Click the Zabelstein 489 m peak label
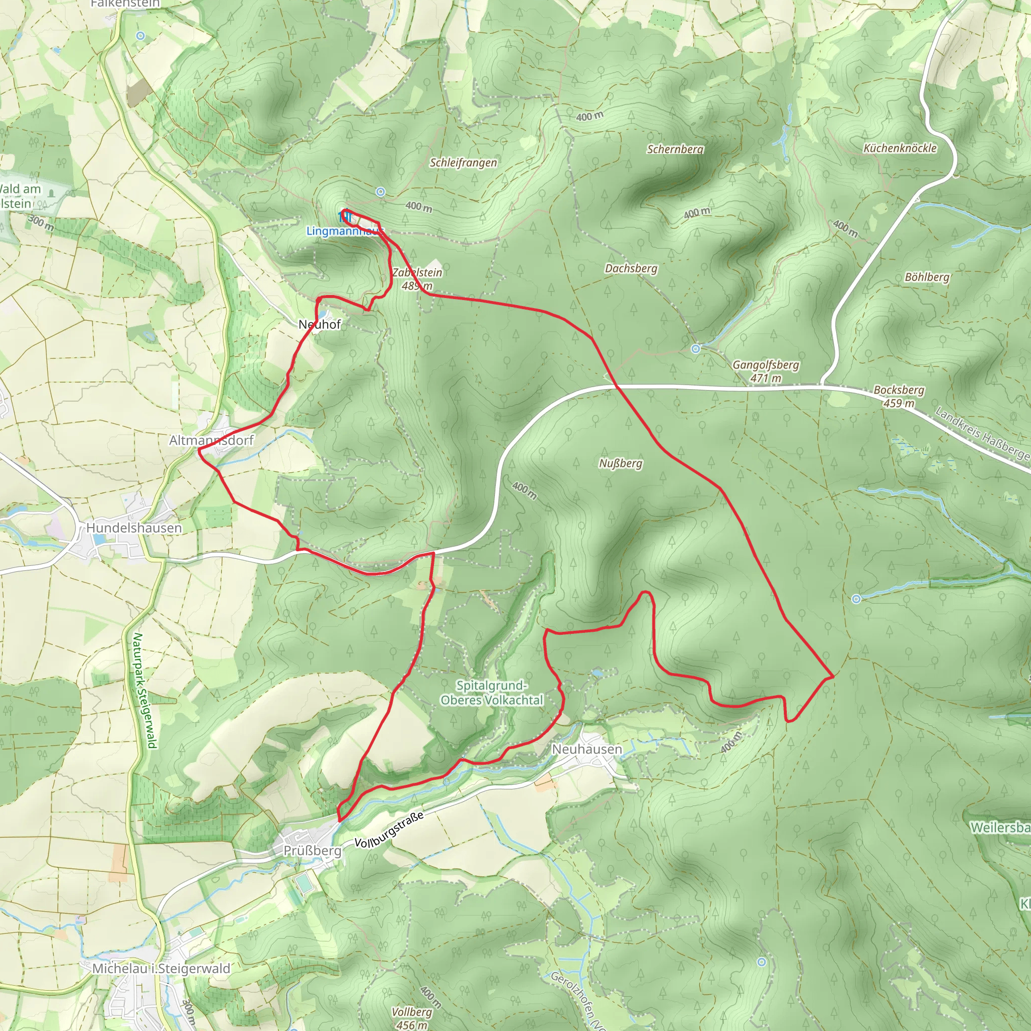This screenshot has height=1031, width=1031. [x=417, y=279]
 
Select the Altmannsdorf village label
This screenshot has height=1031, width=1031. [x=211, y=440]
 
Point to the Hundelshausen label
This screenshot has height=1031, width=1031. [x=134, y=528]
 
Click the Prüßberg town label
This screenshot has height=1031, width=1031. [x=312, y=851]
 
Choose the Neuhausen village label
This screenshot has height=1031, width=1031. [x=586, y=749]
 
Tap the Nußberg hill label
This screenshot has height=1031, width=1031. [x=620, y=463]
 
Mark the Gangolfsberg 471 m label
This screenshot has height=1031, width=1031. [x=765, y=372]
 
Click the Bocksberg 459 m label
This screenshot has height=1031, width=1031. [x=899, y=397]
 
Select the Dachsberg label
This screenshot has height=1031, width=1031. [x=631, y=268]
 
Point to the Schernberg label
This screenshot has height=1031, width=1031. [x=675, y=150]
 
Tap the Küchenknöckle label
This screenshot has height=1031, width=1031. [x=900, y=149]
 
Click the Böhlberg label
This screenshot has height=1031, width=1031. [x=927, y=277]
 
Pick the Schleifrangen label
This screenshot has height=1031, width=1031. [x=463, y=163]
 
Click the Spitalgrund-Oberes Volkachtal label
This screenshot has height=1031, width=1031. [x=491, y=693]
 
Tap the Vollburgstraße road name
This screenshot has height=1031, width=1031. [x=389, y=830]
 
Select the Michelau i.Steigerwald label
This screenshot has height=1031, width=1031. [x=161, y=969]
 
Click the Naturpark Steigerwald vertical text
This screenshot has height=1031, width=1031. [x=144, y=691]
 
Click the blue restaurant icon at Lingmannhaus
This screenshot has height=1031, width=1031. [x=345, y=216]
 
